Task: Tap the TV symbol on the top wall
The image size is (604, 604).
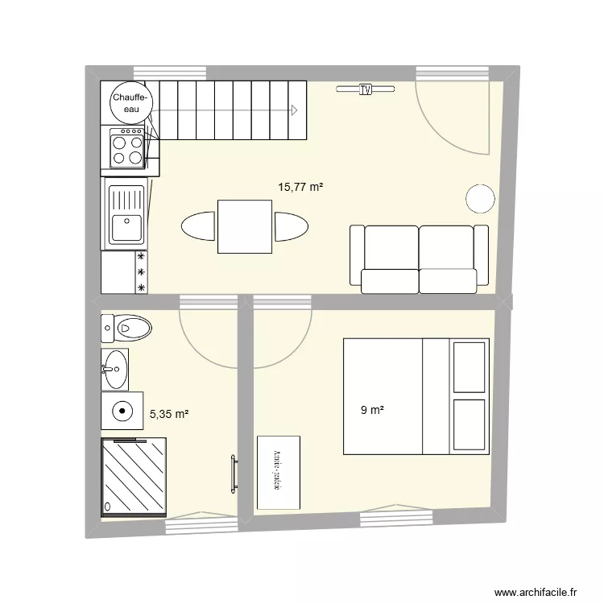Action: click(366, 89)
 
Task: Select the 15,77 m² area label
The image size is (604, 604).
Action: click(300, 187)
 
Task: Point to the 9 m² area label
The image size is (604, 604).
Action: click(371, 411)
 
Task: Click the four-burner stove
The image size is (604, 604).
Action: click(126, 148)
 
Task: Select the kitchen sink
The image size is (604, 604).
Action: click(126, 214)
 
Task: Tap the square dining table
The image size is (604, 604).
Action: click(244, 226)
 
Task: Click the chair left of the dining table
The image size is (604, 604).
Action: click(199, 226)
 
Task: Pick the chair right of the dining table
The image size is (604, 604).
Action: click(290, 226)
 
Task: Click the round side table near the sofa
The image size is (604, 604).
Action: click(480, 198)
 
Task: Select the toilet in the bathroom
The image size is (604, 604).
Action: click(128, 328)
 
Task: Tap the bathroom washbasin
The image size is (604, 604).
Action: click(114, 369)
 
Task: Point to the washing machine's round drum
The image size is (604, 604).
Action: click(122, 411)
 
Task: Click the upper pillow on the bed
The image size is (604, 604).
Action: click(470, 367)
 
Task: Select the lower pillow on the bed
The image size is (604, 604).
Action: click(470, 424)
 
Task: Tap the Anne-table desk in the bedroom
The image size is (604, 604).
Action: click(278, 473)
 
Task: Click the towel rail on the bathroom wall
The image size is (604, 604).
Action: click(234, 473)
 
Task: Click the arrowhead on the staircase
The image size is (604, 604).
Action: click(296, 110)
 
